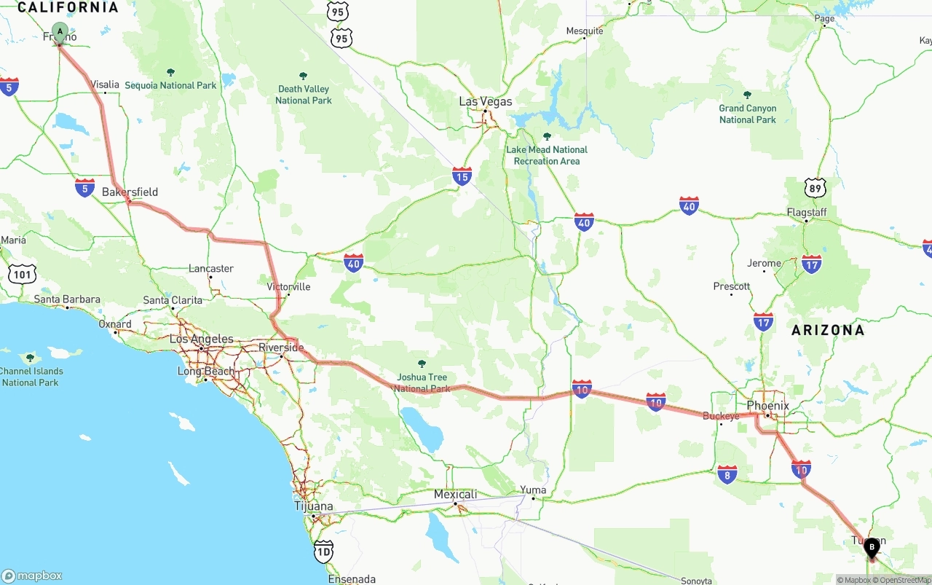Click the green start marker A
[x=60, y=32]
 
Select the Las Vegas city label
[x=485, y=101]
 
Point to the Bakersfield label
[x=130, y=192]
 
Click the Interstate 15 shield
[x=462, y=176]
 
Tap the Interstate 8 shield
[x=727, y=474]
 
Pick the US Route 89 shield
[x=815, y=188]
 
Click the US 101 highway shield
[x=21, y=274]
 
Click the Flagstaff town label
[x=806, y=212]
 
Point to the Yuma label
[x=533, y=490]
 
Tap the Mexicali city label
[x=455, y=494]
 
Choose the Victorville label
[x=288, y=286]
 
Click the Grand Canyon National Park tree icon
[x=747, y=95]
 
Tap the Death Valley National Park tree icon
[x=303, y=76]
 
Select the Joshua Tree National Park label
[x=422, y=382]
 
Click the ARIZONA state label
[x=828, y=330]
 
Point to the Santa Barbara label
[x=67, y=299]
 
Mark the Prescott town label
[x=732, y=286]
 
